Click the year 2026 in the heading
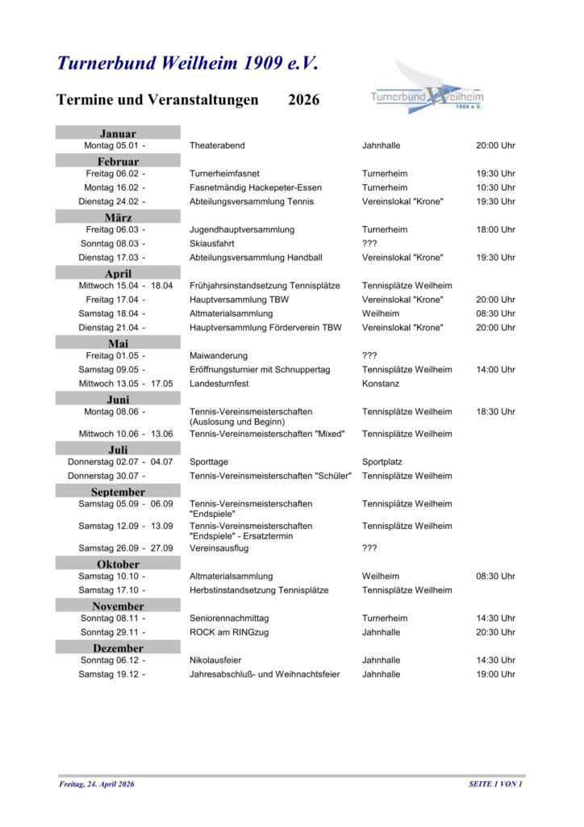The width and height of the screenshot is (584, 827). [x=303, y=100]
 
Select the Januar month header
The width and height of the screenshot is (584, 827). [x=118, y=133]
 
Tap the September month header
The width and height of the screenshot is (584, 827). [x=118, y=492]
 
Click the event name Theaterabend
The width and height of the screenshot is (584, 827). [x=217, y=145]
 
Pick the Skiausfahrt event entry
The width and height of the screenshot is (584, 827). [x=212, y=243]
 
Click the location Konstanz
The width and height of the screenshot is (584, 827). [x=381, y=384]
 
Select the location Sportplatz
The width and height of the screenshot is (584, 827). [x=382, y=462]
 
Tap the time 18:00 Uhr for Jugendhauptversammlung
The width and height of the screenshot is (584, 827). [x=495, y=229]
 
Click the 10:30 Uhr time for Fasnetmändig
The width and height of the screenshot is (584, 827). [x=495, y=187]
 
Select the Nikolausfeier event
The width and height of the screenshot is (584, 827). [x=215, y=660]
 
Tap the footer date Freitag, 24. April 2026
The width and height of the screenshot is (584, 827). [x=97, y=784]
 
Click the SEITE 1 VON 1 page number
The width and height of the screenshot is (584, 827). [x=495, y=784]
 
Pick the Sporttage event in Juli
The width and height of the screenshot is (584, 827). [x=208, y=462]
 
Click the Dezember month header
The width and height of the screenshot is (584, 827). [x=118, y=648]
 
